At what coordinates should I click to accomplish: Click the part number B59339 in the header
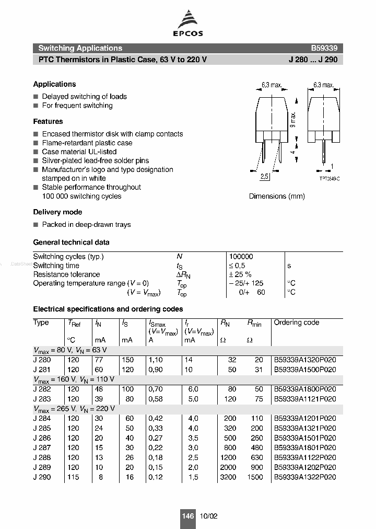click(324, 48)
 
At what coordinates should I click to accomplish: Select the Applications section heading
click(54, 84)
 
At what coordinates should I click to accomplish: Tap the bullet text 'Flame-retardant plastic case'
click(87, 143)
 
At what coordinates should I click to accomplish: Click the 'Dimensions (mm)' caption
click(277, 196)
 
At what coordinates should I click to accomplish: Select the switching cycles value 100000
click(241, 257)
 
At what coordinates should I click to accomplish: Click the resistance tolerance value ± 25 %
click(240, 274)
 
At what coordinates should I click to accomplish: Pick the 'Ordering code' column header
click(296, 323)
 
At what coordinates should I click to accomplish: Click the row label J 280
click(42, 360)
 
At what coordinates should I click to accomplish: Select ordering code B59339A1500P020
click(305, 369)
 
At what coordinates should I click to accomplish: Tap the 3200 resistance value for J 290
click(228, 477)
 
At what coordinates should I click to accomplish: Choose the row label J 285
click(42, 428)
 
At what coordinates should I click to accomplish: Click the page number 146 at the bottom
click(188, 516)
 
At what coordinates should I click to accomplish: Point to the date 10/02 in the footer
click(208, 516)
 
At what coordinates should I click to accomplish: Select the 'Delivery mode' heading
click(57, 212)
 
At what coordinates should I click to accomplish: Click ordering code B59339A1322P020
click(305, 477)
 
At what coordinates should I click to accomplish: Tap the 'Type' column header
click(41, 323)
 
